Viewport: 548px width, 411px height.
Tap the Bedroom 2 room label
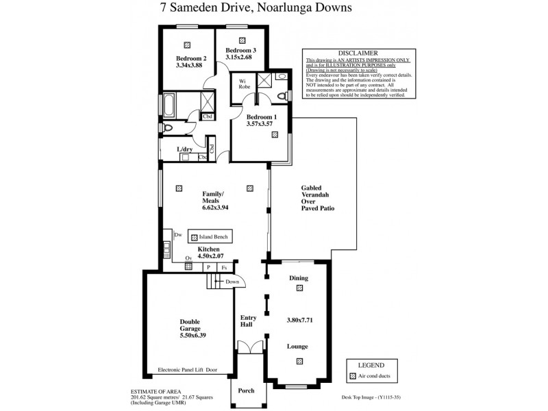[x=190, y=58]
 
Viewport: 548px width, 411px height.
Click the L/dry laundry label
[x=184, y=149]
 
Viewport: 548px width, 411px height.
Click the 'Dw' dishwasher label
[x=177, y=234]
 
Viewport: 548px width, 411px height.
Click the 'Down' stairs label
[x=232, y=282]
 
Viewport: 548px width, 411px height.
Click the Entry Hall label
[x=247, y=320]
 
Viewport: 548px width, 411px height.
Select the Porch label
[x=246, y=390]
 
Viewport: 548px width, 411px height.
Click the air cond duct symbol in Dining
[x=299, y=289]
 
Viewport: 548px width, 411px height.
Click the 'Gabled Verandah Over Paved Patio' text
[x=317, y=197]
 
